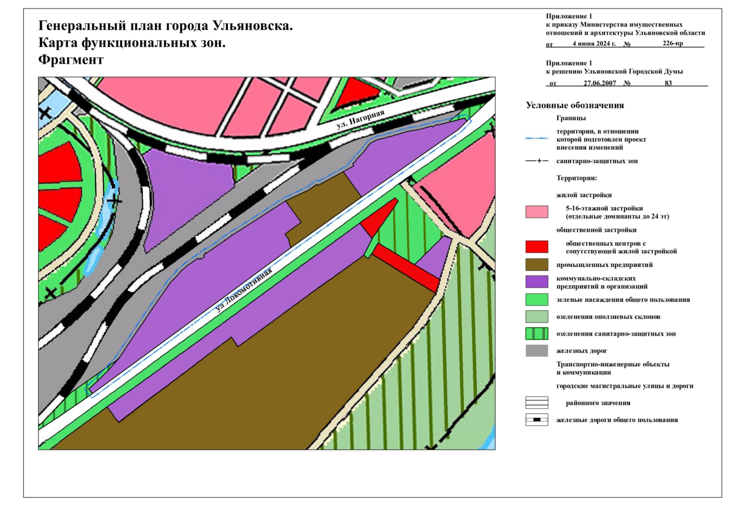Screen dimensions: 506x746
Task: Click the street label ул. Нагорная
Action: click(360, 119)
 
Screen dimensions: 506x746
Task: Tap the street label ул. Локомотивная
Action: click(243, 291)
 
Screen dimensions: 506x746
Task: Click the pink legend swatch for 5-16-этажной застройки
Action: click(536, 212)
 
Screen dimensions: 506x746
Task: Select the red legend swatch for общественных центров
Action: click(536, 247)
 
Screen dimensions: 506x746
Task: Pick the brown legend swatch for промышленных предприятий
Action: click(536, 265)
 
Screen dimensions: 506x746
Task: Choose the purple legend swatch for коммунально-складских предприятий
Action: click(536, 282)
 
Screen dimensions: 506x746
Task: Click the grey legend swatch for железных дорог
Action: click(536, 351)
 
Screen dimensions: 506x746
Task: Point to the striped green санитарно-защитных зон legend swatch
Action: click(536, 334)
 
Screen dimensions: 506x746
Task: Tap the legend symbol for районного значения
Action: click(536, 403)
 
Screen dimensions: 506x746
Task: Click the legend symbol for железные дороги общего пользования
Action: click(536, 420)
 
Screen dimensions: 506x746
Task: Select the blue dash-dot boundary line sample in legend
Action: click(536, 138)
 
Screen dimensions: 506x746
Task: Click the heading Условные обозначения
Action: click(574, 105)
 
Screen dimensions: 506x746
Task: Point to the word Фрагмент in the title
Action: click(71, 60)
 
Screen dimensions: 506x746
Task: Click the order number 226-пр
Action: click(673, 43)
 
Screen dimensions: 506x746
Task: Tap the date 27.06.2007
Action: click(600, 83)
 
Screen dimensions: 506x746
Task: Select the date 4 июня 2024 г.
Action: click(594, 43)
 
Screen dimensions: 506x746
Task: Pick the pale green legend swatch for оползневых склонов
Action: click(536, 317)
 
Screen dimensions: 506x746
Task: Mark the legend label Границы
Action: click(570, 118)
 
